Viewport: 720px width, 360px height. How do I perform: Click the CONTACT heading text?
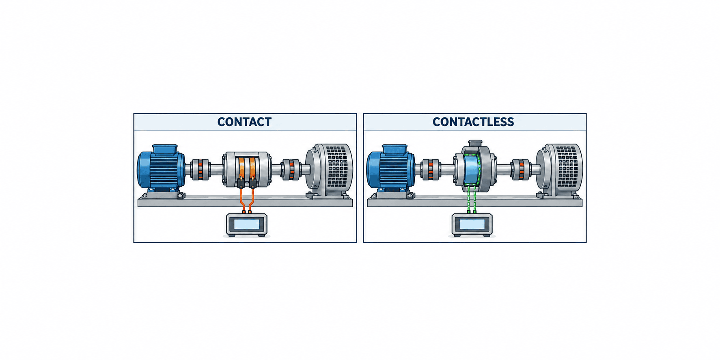pyautogui.click(x=244, y=122)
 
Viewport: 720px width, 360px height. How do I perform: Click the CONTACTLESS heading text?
pyautogui.click(x=473, y=122)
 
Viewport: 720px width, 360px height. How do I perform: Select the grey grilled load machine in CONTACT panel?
pyautogui.click(x=330, y=170)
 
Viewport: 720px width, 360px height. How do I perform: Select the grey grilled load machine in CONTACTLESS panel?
pyautogui.click(x=560, y=170)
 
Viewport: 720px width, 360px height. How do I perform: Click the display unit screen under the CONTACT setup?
pyautogui.click(x=247, y=224)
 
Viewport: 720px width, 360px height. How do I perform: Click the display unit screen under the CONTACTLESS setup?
pyautogui.click(x=472, y=224)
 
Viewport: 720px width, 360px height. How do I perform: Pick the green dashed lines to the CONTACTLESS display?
pyautogui.click(x=472, y=199)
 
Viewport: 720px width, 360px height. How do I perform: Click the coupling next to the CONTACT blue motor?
pyautogui.click(x=200, y=169)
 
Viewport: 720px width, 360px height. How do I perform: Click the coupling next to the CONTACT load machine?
pyautogui.click(x=291, y=169)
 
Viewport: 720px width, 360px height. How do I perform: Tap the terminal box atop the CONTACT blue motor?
pyautogui.click(x=165, y=149)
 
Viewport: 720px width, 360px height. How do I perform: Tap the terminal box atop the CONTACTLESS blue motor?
pyautogui.click(x=394, y=149)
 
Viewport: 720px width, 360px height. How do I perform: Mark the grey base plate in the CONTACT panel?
pyautogui.click(x=245, y=201)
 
